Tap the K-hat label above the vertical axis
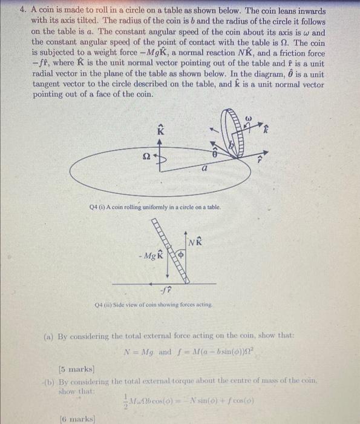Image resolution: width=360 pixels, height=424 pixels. click(x=160, y=128)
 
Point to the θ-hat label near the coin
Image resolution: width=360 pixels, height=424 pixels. click(x=214, y=155)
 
